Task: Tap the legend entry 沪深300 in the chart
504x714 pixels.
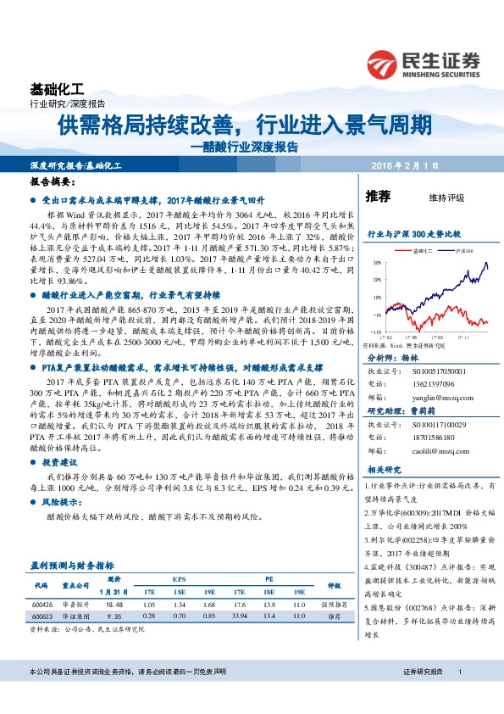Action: pos(465,251)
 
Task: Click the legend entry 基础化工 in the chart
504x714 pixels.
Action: pos(420,251)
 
